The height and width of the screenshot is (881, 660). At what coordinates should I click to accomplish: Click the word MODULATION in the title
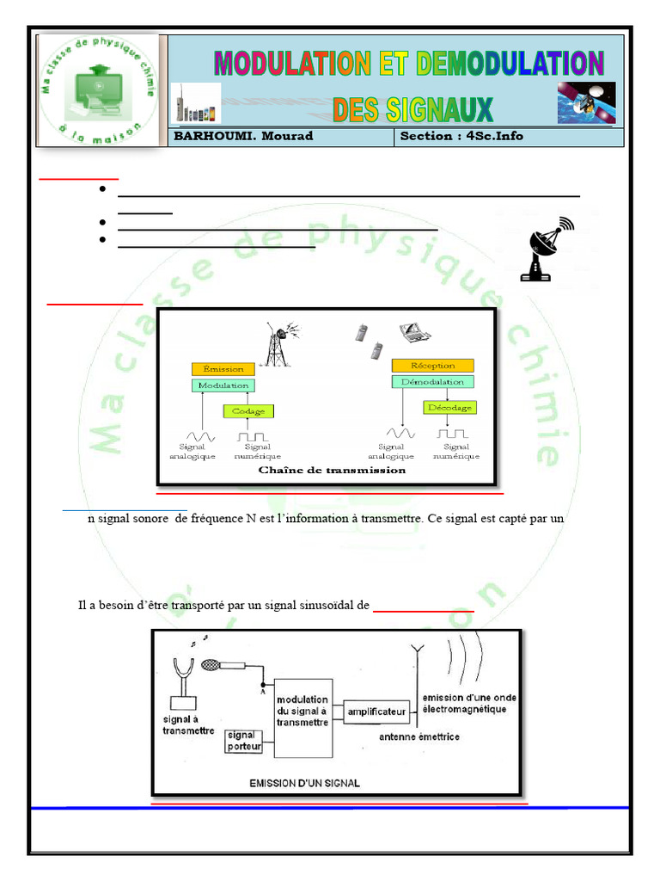(292, 64)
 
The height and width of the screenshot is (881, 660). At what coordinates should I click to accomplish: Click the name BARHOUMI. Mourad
(243, 136)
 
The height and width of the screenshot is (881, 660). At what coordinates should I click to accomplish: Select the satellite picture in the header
(586, 102)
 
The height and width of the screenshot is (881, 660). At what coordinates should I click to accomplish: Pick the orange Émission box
(223, 368)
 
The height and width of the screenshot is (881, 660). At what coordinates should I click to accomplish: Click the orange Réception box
(433, 365)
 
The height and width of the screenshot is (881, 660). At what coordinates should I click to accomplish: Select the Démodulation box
(433, 381)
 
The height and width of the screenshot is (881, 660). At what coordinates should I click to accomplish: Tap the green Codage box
(247, 411)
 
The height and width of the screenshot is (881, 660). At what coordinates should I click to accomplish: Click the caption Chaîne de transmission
(332, 471)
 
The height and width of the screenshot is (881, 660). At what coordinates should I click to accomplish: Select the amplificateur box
(376, 712)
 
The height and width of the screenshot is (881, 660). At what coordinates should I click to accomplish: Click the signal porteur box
(244, 741)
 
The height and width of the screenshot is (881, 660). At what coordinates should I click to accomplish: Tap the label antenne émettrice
(419, 736)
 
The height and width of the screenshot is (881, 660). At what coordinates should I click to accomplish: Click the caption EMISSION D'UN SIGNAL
(304, 783)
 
